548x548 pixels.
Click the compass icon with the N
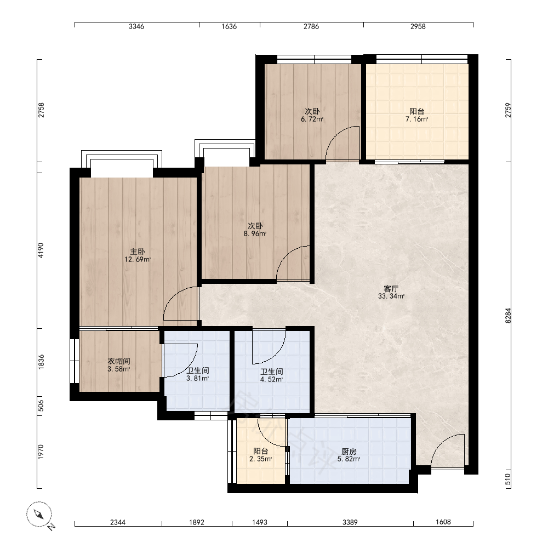(x=39, y=515)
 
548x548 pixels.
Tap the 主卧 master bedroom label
(x=138, y=252)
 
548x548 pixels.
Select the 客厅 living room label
(x=391, y=289)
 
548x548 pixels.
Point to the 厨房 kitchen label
(x=349, y=452)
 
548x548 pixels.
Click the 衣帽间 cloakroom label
(x=119, y=361)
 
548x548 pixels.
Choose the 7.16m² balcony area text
(x=416, y=119)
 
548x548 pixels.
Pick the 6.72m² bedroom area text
(x=312, y=119)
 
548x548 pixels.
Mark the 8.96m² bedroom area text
(x=255, y=234)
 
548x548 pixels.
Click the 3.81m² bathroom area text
(x=197, y=379)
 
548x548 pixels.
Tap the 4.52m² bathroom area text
(x=272, y=380)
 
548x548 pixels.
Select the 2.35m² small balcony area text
(x=261, y=459)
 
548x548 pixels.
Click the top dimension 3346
(x=136, y=26)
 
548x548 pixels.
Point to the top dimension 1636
(x=229, y=26)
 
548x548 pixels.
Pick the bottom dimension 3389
(x=350, y=522)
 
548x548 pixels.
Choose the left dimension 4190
(x=41, y=250)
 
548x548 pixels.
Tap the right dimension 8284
(x=508, y=315)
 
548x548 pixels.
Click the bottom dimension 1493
(x=260, y=522)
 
